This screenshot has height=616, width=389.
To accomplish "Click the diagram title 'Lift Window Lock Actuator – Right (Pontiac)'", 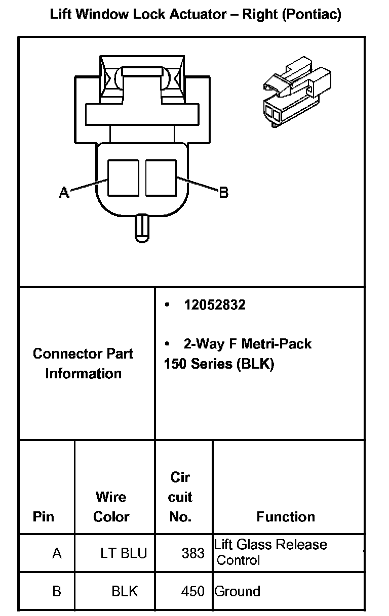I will [196, 14].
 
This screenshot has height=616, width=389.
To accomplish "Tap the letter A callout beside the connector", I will [64, 192].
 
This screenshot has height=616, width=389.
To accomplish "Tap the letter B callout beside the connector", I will [223, 192].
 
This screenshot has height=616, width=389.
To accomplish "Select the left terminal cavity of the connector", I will [124, 179].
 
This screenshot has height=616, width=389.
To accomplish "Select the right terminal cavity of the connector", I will [161, 179].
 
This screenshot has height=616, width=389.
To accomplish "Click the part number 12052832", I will [215, 305].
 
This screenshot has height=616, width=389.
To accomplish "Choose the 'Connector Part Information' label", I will [83, 363].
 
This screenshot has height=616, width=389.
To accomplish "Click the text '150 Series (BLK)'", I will [219, 364].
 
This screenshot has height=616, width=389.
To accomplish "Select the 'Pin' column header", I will [43, 516].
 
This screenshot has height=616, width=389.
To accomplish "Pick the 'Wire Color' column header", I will [111, 506].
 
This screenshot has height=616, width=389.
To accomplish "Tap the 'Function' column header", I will [286, 516].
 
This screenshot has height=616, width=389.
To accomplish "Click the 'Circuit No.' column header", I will [180, 497].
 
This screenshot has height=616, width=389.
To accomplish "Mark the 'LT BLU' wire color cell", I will [124, 553].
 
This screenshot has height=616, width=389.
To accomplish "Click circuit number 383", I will [193, 553].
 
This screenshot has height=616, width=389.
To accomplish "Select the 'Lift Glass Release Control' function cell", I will [270, 552].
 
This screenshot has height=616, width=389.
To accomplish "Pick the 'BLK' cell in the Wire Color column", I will [125, 591].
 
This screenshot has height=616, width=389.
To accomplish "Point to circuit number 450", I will [193, 591].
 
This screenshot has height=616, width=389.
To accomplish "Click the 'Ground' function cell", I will [238, 591].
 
